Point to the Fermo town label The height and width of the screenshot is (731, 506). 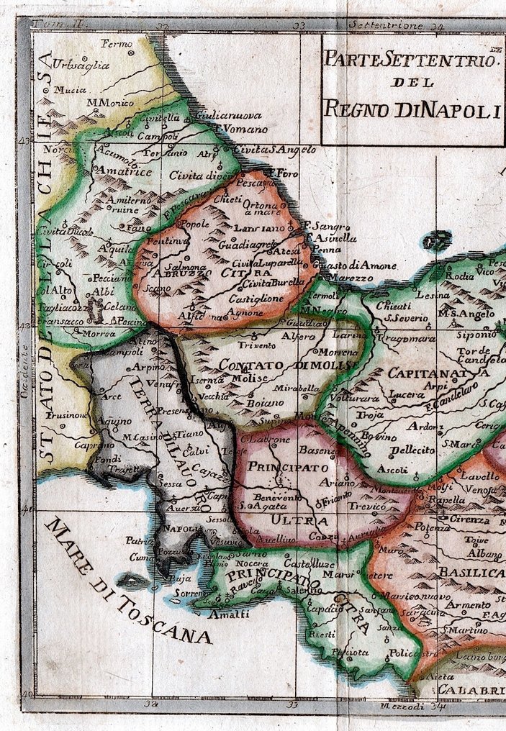click(118, 44)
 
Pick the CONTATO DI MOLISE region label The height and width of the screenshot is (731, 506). click(288, 365)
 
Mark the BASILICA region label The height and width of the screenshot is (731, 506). click(471, 572)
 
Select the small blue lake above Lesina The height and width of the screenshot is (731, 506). click(436, 240)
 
